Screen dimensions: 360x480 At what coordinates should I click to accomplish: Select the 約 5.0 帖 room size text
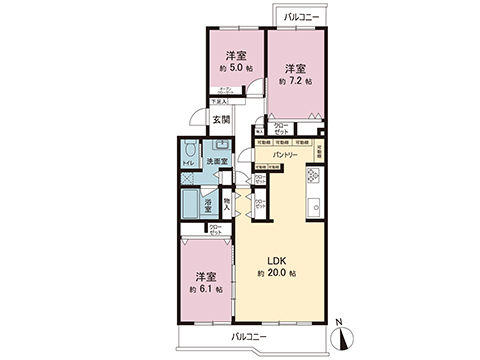[235, 69]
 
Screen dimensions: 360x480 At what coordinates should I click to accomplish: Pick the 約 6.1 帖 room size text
[205, 289]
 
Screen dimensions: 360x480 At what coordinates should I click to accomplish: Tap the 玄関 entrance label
[220, 121]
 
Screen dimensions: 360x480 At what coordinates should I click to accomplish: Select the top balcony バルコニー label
[300, 16]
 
